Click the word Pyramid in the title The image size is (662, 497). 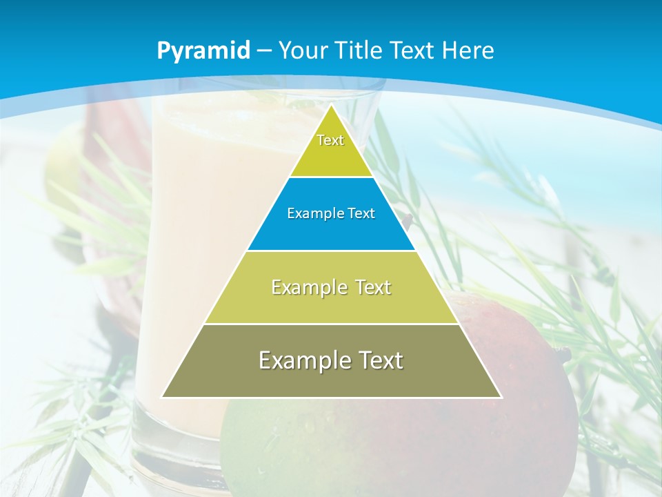[203, 51]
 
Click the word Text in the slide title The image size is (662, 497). [414, 51]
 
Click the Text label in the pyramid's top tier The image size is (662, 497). [330, 140]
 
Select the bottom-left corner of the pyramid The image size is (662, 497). [163, 397]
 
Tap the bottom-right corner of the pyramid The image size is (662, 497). [501, 397]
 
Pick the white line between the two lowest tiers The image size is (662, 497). [332, 324]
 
